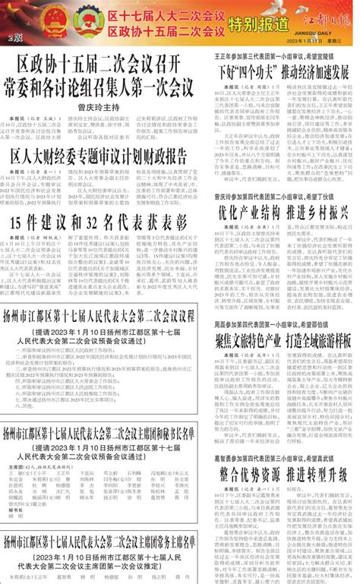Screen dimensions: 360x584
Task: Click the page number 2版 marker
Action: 12,37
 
